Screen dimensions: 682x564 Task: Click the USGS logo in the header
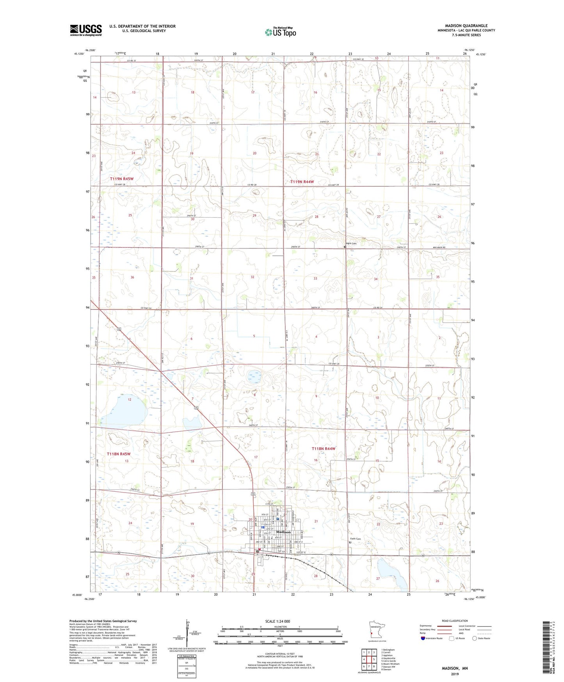click(86, 30)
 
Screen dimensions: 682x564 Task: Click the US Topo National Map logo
click(280, 32)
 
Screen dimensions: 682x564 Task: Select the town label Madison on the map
click(283, 532)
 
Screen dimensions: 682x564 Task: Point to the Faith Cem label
click(355, 539)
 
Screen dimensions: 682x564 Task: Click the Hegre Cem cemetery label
click(351, 243)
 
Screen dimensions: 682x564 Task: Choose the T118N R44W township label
click(324, 449)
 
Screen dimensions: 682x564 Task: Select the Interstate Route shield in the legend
click(423, 638)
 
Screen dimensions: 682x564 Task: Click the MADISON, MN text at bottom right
click(454, 668)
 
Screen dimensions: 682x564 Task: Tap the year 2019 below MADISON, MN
click(454, 674)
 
